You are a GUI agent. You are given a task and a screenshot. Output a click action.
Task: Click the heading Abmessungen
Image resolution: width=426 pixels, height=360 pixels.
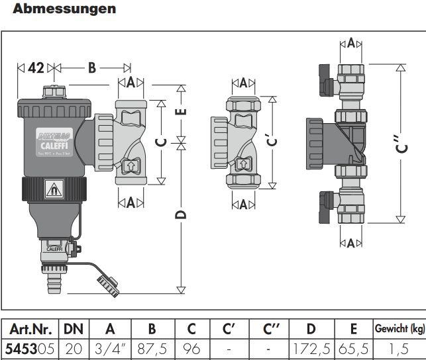(x=64, y=9)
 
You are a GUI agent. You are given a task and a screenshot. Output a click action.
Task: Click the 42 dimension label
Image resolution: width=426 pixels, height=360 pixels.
(x=36, y=67)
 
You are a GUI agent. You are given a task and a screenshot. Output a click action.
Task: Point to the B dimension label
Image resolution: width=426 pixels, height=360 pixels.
(x=91, y=67)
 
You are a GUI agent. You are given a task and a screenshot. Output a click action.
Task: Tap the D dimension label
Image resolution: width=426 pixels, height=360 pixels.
(x=183, y=213)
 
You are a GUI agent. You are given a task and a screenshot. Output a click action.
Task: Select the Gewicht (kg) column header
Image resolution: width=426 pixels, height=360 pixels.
(x=400, y=329)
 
